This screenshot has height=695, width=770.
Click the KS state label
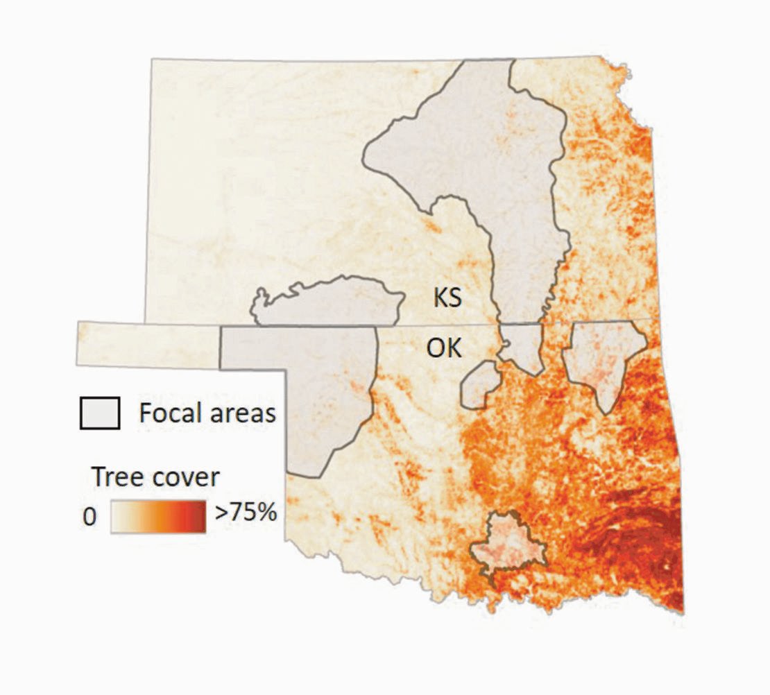(x=447, y=299)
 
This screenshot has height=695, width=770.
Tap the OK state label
(x=444, y=347)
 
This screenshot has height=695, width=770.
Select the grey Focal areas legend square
(x=100, y=413)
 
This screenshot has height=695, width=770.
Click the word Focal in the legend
(x=169, y=413)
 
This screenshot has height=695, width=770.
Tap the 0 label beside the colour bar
(x=89, y=517)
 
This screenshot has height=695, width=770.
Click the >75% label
(x=246, y=514)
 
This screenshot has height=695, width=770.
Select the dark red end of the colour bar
(x=197, y=516)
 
